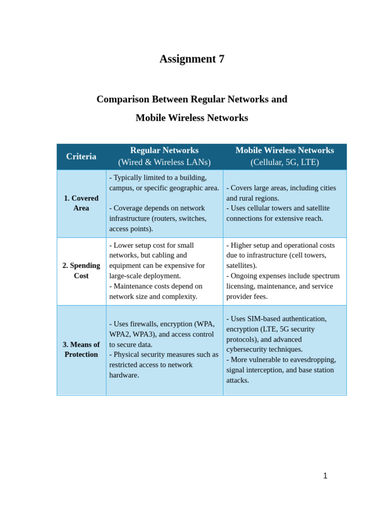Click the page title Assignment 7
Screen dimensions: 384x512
click(x=192, y=59)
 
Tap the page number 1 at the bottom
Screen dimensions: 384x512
click(x=325, y=476)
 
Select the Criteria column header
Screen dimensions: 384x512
click(x=81, y=156)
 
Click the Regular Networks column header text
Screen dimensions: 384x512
click(x=164, y=150)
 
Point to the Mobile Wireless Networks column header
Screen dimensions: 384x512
click(x=284, y=150)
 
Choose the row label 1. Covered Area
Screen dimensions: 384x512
click(x=81, y=203)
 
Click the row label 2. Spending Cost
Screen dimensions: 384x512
click(x=81, y=270)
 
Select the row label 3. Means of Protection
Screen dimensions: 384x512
click(x=81, y=349)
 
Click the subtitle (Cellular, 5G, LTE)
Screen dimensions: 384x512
click(x=284, y=162)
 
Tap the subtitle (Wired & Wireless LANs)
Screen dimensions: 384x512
click(x=164, y=162)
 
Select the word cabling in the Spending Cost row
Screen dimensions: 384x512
click(x=176, y=255)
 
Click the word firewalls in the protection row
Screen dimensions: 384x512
click(x=144, y=324)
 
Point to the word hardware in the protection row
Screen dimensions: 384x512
click(x=124, y=375)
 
